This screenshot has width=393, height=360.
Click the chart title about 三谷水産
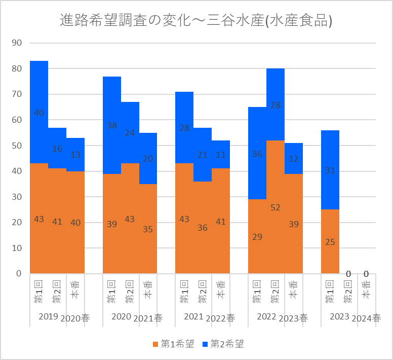(x=196, y=21)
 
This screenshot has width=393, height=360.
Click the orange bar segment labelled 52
(x=276, y=207)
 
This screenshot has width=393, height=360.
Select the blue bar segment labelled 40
(x=39, y=113)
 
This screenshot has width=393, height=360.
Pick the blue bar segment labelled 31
(x=330, y=170)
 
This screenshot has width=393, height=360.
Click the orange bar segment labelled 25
(x=330, y=241)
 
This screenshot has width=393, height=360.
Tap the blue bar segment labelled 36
(x=257, y=153)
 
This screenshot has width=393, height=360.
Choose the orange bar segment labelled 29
(x=257, y=236)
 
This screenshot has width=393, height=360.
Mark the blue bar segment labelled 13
(x=75, y=155)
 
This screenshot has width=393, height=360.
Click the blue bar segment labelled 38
(x=112, y=125)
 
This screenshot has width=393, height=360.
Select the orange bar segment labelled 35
(x=148, y=229)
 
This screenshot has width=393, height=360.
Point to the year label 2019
(x=48, y=317)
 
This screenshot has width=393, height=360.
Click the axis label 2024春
(x=366, y=318)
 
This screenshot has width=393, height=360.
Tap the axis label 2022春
(x=221, y=318)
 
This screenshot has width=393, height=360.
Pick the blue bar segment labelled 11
(x=221, y=155)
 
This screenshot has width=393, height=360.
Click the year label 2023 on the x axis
(x=339, y=317)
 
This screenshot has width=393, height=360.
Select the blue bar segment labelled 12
(x=294, y=159)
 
